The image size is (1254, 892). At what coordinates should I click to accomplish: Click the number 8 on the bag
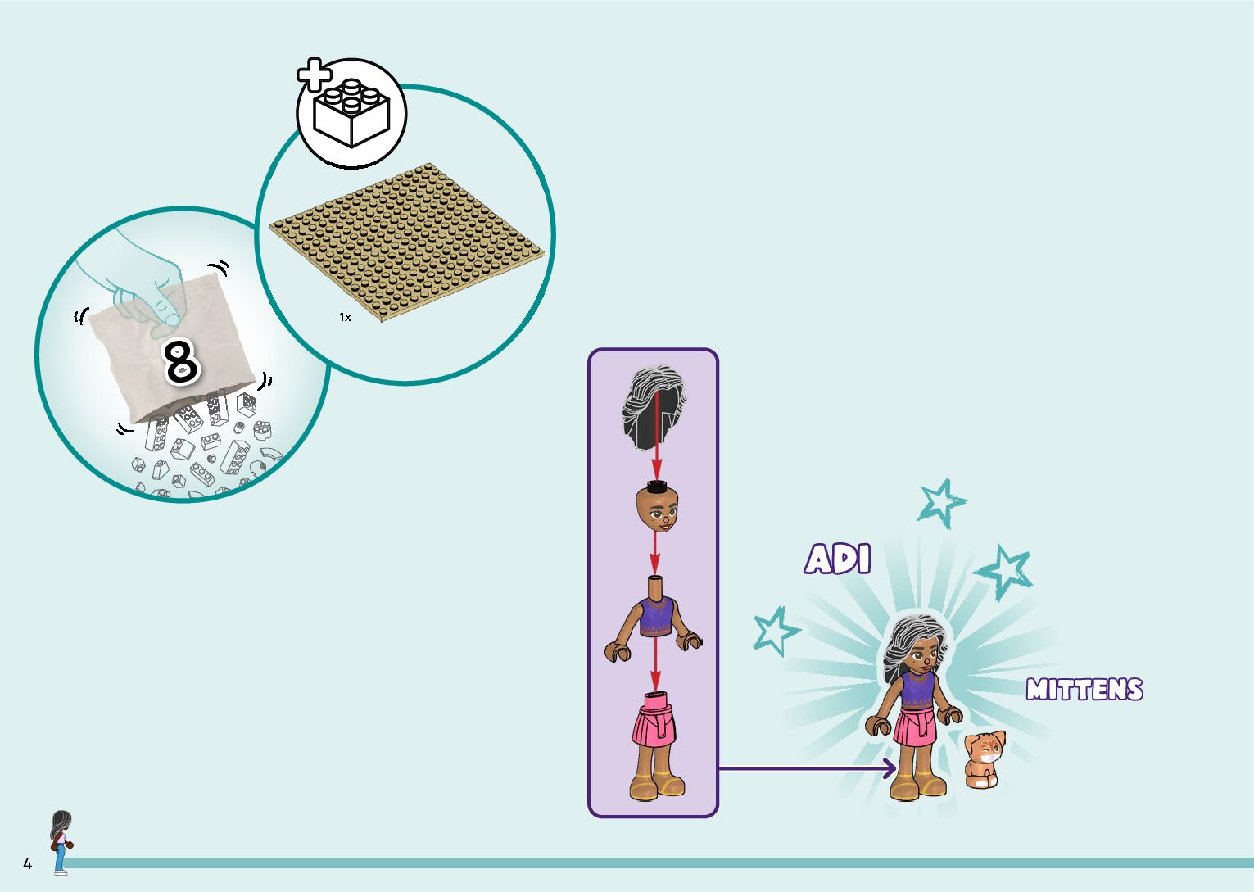tap(181, 360)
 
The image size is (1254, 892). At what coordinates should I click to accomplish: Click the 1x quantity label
tap(345, 317)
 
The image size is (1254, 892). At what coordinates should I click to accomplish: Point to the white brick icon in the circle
tap(352, 114)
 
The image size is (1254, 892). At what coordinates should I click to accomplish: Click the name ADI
tap(837, 559)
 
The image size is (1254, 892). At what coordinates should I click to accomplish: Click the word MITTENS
tap(1084, 690)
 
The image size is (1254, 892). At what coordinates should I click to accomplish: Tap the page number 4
tap(27, 864)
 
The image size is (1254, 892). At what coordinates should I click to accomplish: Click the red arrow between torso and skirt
tap(655, 665)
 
